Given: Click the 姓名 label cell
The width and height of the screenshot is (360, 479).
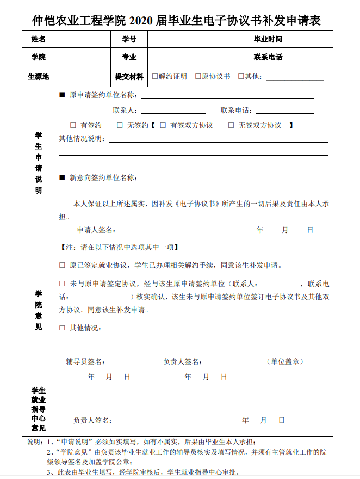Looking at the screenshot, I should pyautogui.click(x=39, y=39).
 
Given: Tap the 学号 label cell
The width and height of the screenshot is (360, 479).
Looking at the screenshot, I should pyautogui.click(x=129, y=39).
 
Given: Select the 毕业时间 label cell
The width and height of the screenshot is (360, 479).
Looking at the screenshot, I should pyautogui.click(x=268, y=39).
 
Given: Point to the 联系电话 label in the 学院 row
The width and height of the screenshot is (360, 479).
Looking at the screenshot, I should pyautogui.click(x=268, y=57).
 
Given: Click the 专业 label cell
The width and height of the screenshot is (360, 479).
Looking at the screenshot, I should pyautogui.click(x=129, y=57).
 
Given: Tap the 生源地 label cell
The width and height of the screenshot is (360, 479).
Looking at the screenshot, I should pyautogui.click(x=39, y=77).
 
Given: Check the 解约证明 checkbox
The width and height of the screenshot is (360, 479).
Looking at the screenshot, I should pyautogui.click(x=155, y=77).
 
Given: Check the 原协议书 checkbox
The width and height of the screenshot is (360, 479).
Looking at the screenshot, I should pyautogui.click(x=198, y=77).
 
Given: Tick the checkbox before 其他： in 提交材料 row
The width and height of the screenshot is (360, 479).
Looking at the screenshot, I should pyautogui.click(x=241, y=77).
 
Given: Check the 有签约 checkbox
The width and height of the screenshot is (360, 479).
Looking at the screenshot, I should pyautogui.click(x=73, y=125).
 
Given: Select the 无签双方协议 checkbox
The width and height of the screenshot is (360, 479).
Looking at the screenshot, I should pyautogui.click(x=231, y=125).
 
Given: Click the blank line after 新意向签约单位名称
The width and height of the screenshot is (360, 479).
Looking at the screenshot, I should pyautogui.click(x=228, y=179).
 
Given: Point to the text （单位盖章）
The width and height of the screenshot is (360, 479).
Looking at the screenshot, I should pyautogui.click(x=285, y=361).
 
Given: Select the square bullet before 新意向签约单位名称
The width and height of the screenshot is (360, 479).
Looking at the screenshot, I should pyautogui.click(x=62, y=178).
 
